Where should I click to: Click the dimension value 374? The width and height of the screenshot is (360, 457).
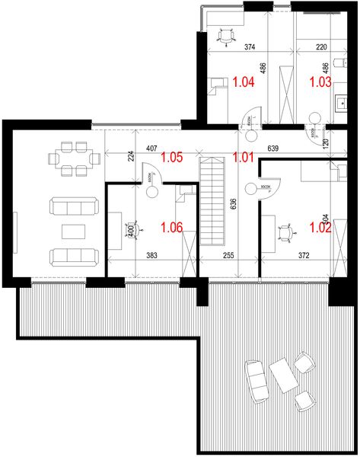248,46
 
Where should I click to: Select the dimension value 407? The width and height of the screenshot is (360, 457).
151,149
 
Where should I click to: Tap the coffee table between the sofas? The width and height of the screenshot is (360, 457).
73,230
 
